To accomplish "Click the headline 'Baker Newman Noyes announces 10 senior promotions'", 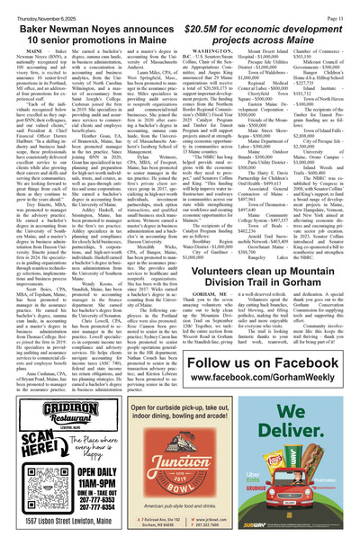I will coord(90,24).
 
